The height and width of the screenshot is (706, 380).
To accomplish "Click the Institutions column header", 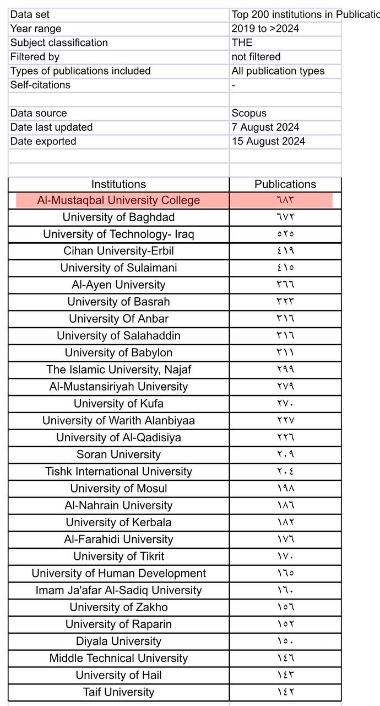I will [x=118, y=184].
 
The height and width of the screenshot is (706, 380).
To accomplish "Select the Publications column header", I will [x=285, y=184].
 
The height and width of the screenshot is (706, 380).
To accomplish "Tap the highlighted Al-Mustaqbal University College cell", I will [x=118, y=200].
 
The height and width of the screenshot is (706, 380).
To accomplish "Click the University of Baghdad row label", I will [x=118, y=217].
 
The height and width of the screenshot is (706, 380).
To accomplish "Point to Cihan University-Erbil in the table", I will [x=118, y=251].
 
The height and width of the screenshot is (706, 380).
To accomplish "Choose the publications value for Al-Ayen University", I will [x=285, y=285].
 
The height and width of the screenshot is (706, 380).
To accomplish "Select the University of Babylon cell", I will [x=118, y=352].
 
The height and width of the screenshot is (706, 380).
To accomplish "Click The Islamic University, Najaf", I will [x=118, y=370].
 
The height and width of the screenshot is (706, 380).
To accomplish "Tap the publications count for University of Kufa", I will [x=285, y=404].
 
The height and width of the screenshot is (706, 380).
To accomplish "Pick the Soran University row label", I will [x=118, y=454].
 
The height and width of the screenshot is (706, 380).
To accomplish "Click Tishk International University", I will [x=118, y=472].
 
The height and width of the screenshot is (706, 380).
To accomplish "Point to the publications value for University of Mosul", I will [x=285, y=489].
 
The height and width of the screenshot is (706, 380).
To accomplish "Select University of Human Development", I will [x=118, y=573].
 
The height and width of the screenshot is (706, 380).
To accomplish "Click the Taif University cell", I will [x=118, y=692].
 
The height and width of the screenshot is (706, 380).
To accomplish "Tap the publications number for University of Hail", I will [x=285, y=675].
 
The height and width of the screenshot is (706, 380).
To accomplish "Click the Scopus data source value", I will [x=249, y=113].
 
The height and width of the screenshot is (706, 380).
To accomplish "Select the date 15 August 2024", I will [x=268, y=141].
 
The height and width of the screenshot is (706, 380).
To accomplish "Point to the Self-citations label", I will [x=40, y=85].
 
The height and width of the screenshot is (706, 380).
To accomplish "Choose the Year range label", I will [x=36, y=29].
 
